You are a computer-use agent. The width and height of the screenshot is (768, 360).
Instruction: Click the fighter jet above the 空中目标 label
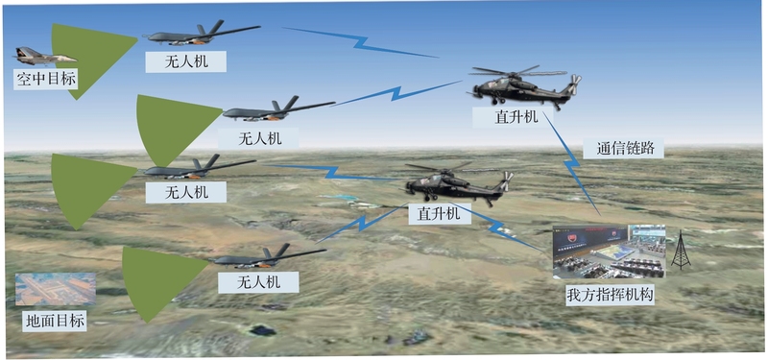tap(45, 57)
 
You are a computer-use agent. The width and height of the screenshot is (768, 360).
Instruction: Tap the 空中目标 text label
tap(46, 79)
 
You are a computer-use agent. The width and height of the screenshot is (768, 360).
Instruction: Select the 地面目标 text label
tap(56, 322)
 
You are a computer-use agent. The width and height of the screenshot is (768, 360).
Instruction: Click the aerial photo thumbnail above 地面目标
tap(56, 289)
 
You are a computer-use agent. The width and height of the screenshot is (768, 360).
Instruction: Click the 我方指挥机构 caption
tap(610, 296)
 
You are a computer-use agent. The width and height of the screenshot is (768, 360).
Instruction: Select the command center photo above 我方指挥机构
tap(609, 252)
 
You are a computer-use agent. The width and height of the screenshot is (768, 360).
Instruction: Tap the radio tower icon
tap(681, 250)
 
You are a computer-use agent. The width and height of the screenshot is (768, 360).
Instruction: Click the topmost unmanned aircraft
tap(201, 35)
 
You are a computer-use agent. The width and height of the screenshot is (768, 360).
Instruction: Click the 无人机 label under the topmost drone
tap(186, 61)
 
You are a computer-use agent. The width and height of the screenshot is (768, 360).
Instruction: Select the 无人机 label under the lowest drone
tap(258, 282)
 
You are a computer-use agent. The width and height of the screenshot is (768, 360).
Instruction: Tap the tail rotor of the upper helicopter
tap(573, 84)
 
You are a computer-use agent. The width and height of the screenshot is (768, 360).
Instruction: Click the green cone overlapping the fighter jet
tap(88, 59)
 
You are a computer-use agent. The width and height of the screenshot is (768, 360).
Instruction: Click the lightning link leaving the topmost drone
tap(360, 42)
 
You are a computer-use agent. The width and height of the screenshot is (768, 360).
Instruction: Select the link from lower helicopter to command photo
tap(499, 228)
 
